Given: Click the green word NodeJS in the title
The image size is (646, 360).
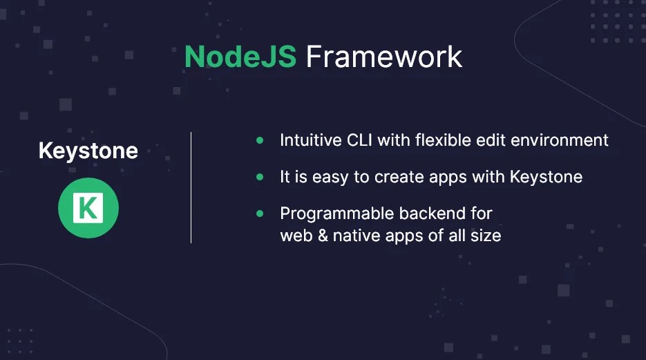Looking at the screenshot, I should tap(240, 57).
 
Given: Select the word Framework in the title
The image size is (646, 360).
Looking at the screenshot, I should tap(384, 57).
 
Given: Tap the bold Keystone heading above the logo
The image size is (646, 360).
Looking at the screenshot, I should tap(88, 151).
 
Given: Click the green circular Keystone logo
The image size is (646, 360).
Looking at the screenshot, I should tap(88, 208).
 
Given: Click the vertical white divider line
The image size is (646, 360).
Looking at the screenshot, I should tap(191, 187).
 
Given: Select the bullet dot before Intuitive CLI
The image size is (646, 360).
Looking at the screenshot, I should tap(260, 140).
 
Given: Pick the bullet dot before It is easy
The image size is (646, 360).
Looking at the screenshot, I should tap(260, 177).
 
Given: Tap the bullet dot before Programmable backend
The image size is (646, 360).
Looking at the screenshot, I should tap(260, 214).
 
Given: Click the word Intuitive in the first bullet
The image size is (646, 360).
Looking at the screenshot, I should tap(309, 140).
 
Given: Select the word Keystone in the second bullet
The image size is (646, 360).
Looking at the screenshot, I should tap(546, 177).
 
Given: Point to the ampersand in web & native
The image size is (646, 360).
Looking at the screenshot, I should tap(321, 236).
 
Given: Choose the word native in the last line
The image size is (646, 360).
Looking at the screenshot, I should tap(354, 236).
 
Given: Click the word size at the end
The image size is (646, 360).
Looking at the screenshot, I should tap(486, 236).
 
